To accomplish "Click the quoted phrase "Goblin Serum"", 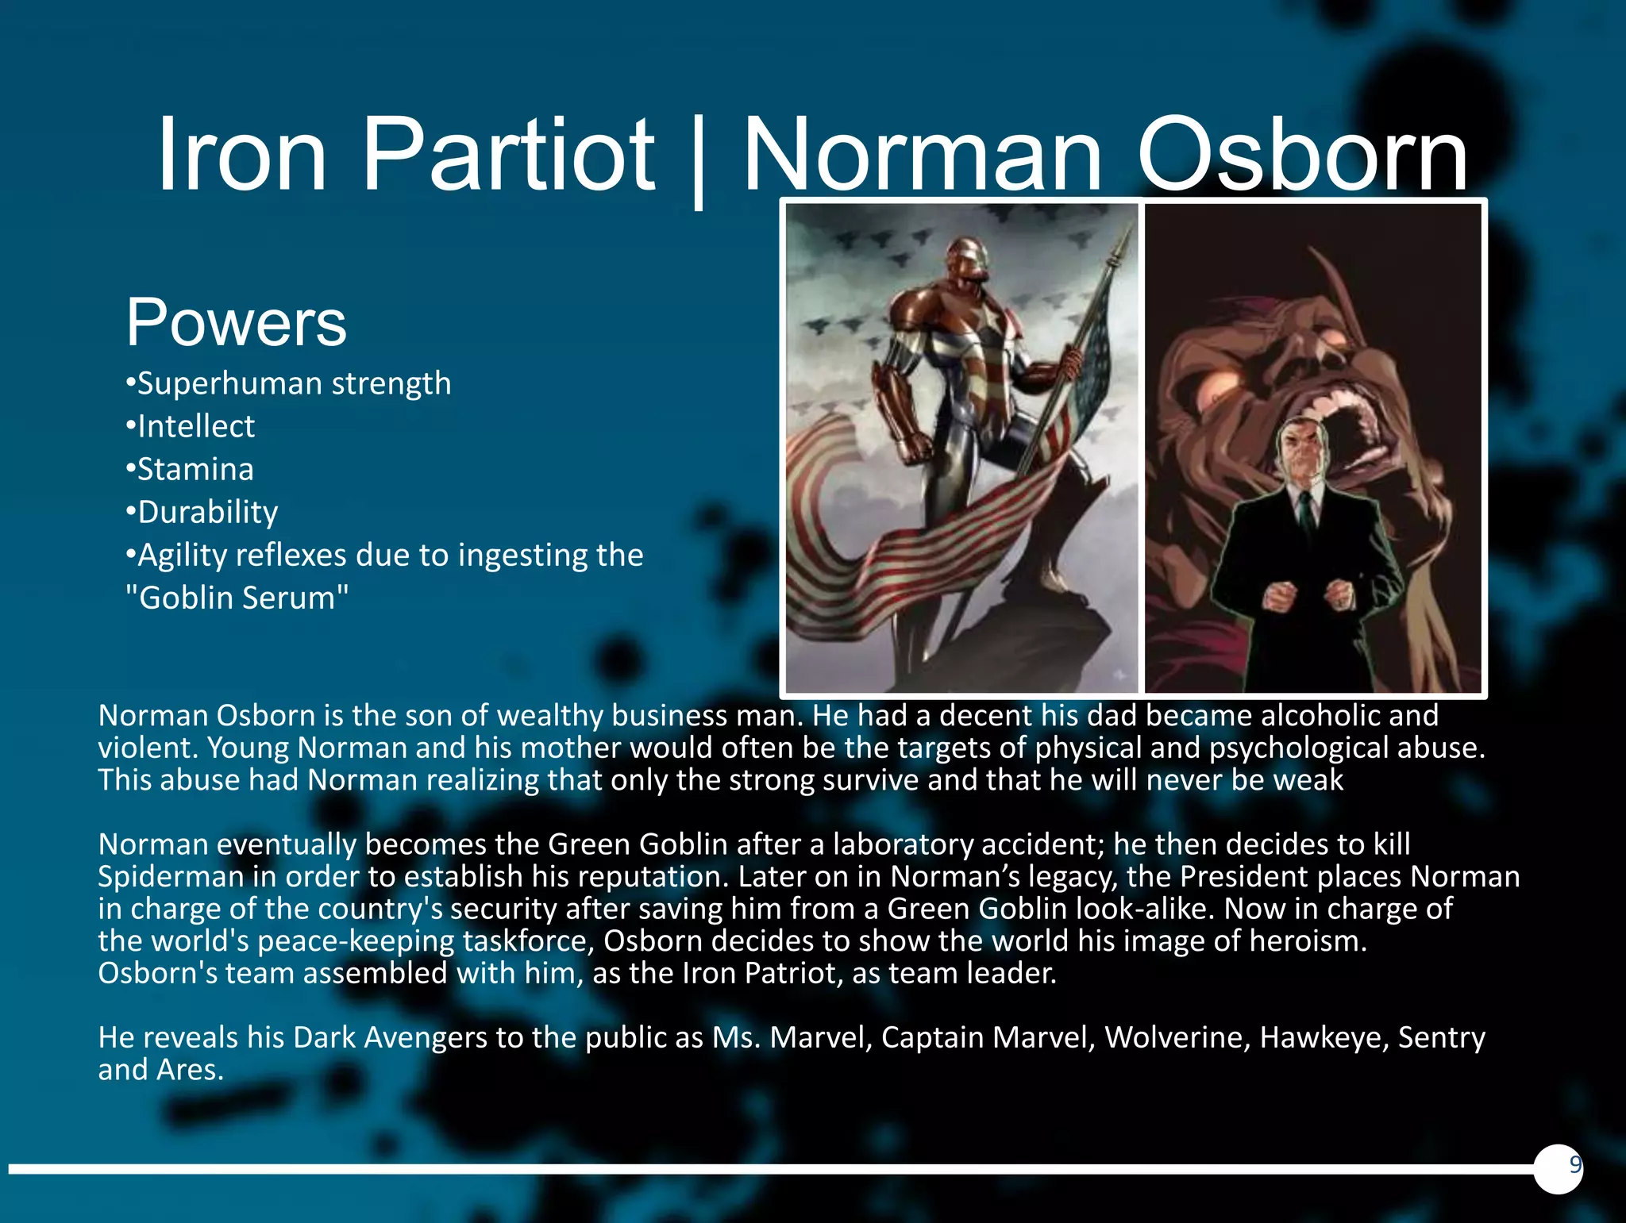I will click(237, 598).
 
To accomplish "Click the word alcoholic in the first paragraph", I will click(1320, 716).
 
